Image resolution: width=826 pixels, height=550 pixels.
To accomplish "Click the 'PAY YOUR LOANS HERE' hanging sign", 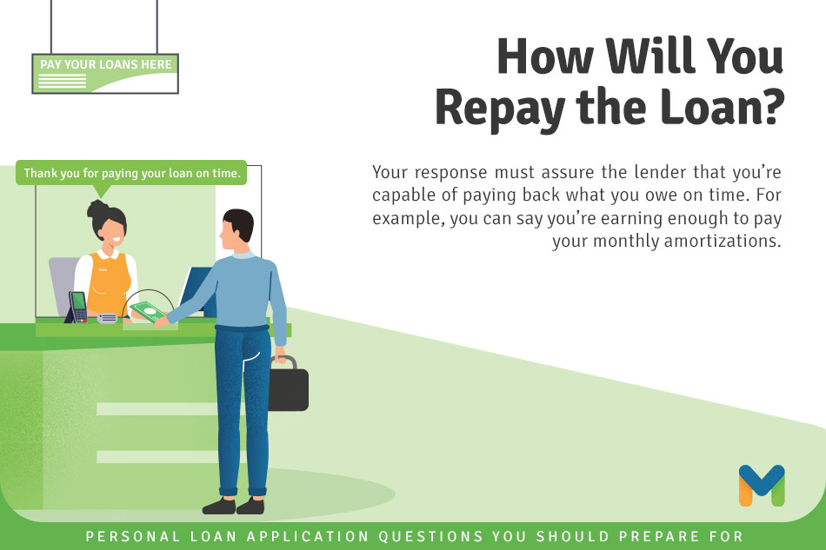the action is (x=105, y=74).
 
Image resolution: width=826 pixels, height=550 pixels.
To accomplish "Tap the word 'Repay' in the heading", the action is (x=499, y=109).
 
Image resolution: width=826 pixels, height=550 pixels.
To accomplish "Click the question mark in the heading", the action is (x=769, y=106).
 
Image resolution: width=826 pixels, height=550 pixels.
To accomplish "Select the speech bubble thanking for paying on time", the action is (x=131, y=173).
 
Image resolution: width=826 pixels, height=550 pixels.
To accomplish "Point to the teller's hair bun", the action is (x=97, y=209).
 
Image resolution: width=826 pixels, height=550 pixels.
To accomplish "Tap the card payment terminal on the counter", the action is (x=77, y=307).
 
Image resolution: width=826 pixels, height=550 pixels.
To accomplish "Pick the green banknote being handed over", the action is (x=148, y=311).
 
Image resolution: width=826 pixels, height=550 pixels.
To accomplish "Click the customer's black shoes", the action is (x=233, y=507).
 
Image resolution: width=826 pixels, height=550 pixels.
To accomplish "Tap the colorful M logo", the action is (x=762, y=486).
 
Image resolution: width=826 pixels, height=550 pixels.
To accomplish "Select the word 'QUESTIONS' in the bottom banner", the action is (x=431, y=536).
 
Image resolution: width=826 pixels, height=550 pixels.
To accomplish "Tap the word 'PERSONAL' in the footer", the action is (x=133, y=536).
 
